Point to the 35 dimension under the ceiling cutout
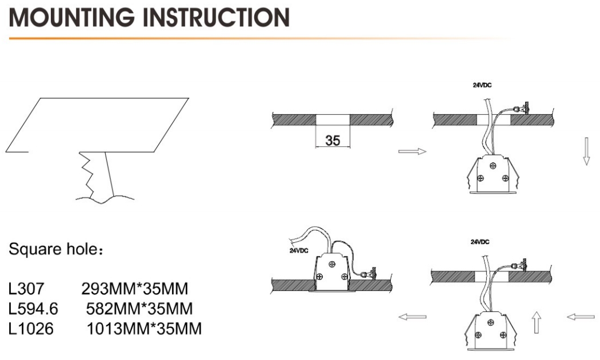tap(333, 139)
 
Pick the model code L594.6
tap(35, 308)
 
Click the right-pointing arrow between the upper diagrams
tap(412, 151)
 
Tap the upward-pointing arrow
tap(537, 324)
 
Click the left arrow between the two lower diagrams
tap(412, 317)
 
